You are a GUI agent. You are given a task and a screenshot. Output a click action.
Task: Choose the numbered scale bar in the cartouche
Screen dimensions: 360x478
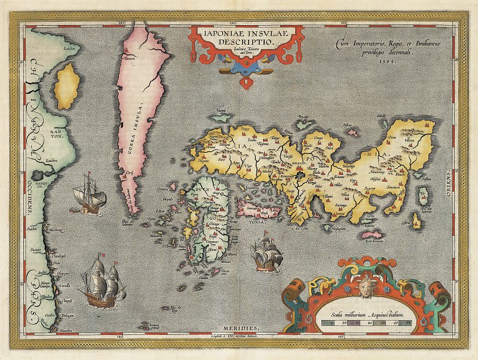tap(366, 323)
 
